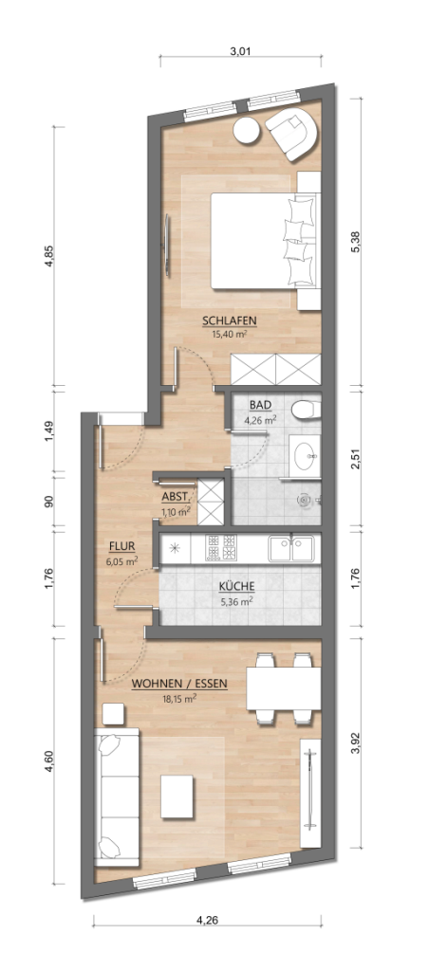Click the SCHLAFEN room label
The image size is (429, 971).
230,321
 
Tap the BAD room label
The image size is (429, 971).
260,405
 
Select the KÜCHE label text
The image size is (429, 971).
236,586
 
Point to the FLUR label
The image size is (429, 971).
122,546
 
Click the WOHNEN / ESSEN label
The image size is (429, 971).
179,685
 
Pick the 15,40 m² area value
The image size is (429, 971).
230,333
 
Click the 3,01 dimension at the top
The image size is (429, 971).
240,52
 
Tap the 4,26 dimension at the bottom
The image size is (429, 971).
207,920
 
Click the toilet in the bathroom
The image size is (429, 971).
305,409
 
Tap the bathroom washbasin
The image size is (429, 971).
305,455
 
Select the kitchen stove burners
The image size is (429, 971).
222,547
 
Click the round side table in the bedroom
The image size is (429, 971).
247,130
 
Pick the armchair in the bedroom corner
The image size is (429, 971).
292,133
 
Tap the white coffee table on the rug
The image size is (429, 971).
177,796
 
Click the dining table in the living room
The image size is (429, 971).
284,688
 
